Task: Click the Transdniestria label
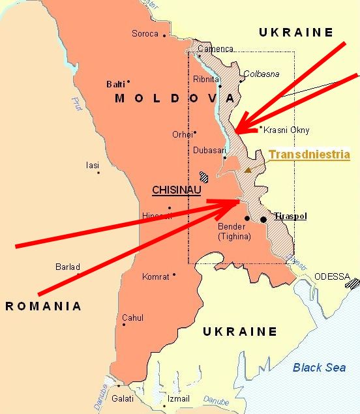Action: [309, 155]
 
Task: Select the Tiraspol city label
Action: [290, 216]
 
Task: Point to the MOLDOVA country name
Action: [174, 98]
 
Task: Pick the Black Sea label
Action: [319, 368]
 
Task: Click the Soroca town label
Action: [145, 34]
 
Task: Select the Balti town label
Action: [115, 84]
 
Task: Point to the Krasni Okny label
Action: [286, 130]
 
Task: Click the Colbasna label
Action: [261, 74]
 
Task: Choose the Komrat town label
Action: [155, 276]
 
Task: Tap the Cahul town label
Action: [132, 318]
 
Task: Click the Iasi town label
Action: [93, 165]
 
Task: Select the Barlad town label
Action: [68, 267]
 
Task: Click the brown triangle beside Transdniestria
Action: [248, 170]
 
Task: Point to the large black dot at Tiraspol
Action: [263, 220]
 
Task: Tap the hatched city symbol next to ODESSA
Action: [355, 284]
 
